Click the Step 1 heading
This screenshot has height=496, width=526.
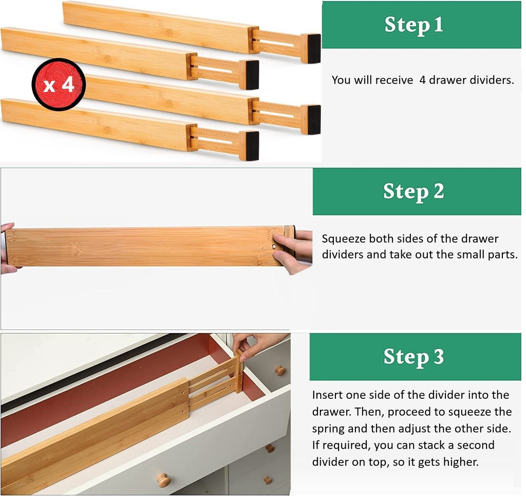pyautogui.click(x=414, y=25)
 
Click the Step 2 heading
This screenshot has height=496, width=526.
pyautogui.click(x=414, y=191)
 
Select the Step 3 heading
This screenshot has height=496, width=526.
pyautogui.click(x=414, y=357)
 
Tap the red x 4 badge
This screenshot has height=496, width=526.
pyautogui.click(x=58, y=84)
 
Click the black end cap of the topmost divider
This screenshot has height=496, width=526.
pyautogui.click(x=311, y=48)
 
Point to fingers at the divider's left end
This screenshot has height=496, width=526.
pyautogui.click(x=7, y=247)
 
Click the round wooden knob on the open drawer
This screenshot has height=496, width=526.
pyautogui.click(x=163, y=481)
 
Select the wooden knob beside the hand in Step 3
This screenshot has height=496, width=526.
pyautogui.click(x=279, y=371)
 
